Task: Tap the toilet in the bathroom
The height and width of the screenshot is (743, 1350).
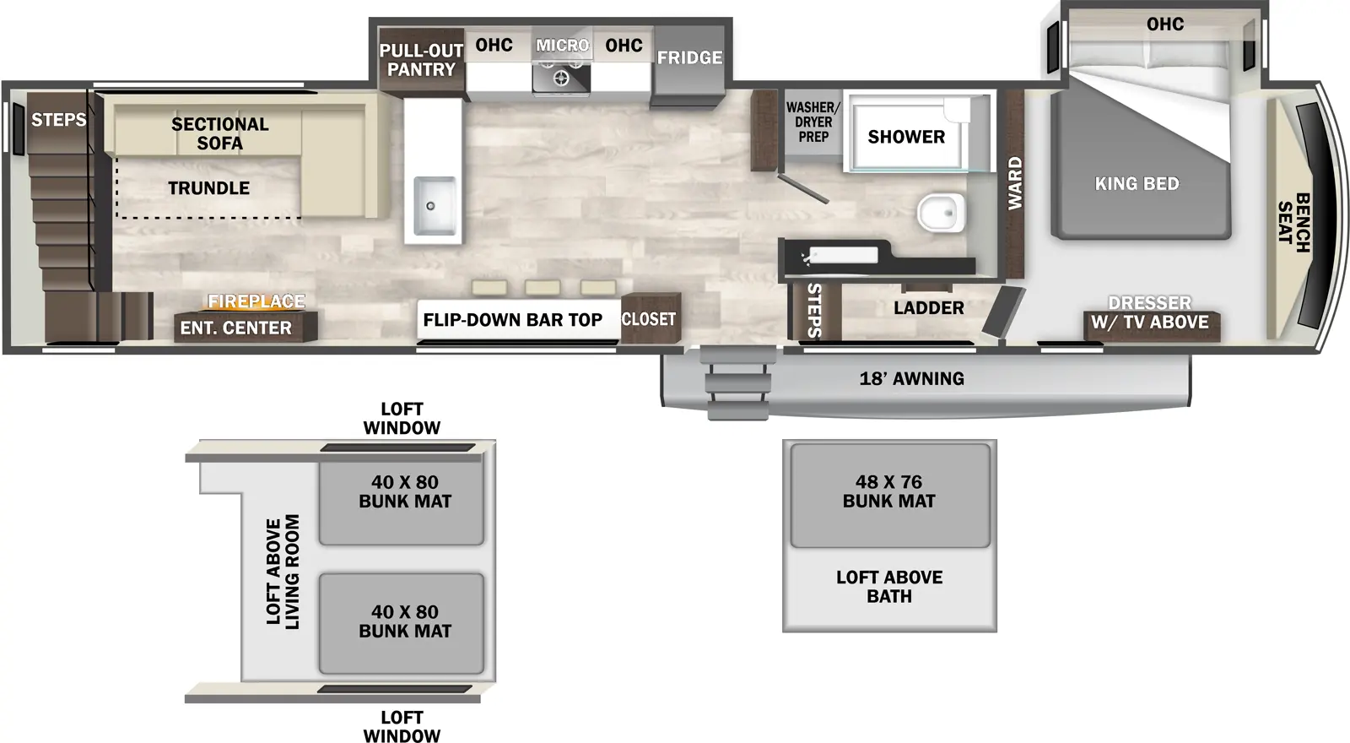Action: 940,212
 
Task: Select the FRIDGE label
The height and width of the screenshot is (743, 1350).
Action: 689,57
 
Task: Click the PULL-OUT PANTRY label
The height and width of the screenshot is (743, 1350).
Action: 421,60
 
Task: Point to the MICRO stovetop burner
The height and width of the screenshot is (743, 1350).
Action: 561,79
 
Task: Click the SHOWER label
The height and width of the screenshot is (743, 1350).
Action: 906,137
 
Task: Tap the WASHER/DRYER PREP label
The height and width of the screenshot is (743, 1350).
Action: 813,122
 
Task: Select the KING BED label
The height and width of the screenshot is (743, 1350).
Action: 1137,183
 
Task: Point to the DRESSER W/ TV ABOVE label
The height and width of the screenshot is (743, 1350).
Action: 1149,312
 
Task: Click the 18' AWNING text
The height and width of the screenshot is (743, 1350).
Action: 911,379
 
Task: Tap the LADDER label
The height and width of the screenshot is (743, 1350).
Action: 928,308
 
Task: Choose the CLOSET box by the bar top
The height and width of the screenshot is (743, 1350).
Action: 649,319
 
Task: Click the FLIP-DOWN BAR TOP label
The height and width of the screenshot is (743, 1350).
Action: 512,320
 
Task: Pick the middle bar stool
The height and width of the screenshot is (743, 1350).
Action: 543,288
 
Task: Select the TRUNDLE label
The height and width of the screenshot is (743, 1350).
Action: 208,188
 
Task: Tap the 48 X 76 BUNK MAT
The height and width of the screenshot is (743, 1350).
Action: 888,492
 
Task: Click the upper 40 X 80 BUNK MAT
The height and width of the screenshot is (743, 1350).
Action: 404,492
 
